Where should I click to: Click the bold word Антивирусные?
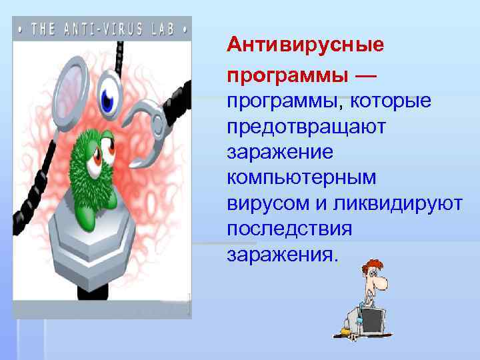click(x=305, y=45)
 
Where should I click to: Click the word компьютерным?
click(x=301, y=178)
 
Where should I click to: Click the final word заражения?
click(x=283, y=254)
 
